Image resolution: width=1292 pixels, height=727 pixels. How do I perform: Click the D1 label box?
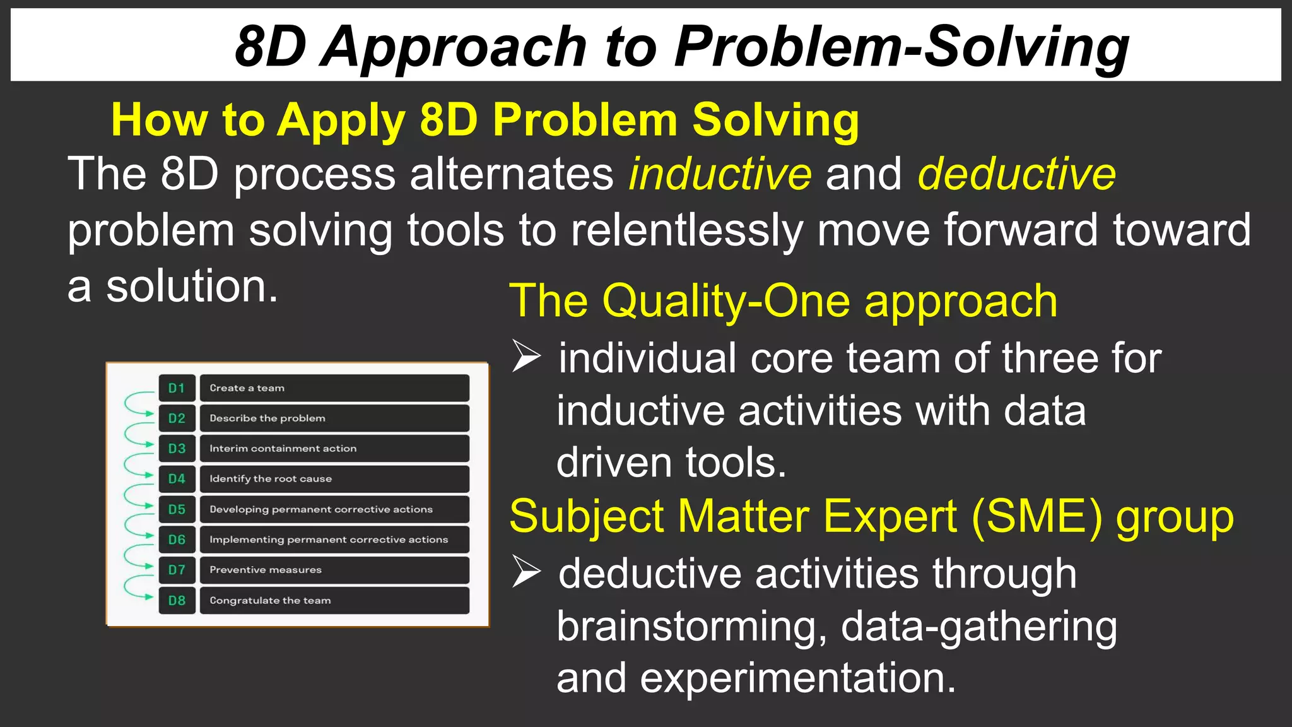click(x=177, y=388)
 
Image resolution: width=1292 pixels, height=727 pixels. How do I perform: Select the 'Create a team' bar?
click(x=334, y=388)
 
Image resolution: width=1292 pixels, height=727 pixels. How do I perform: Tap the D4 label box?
click(x=177, y=479)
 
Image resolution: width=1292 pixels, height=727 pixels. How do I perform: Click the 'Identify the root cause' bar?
click(x=334, y=479)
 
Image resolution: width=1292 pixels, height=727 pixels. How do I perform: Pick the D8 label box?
click(x=177, y=600)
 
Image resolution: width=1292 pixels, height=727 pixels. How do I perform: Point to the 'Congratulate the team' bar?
click(x=334, y=600)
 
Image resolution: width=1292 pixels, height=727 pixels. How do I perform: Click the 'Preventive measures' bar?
click(x=334, y=570)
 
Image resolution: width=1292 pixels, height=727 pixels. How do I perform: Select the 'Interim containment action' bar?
click(x=334, y=449)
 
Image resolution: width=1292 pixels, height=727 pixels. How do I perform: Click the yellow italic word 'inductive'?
click(x=720, y=174)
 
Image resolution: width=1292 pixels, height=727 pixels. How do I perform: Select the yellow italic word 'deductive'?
click(x=1016, y=174)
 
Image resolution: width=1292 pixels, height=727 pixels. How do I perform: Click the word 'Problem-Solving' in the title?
click(x=901, y=47)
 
